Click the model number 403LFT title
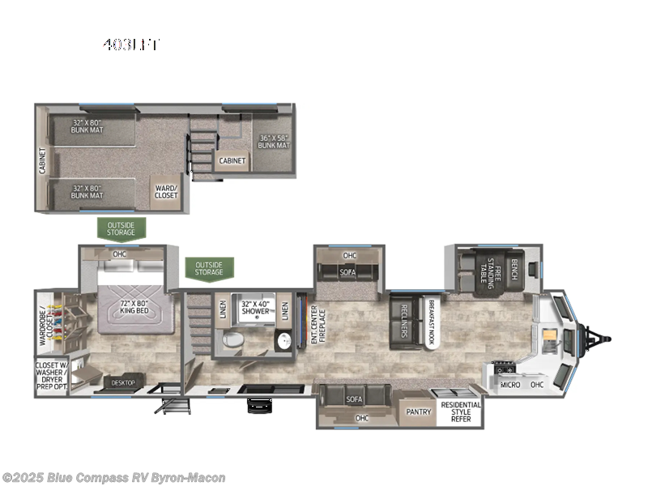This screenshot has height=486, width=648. [130, 45]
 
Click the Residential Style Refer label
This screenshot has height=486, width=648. [460, 411]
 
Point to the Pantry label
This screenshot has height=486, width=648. [419, 411]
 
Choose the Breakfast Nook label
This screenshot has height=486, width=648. [432, 322]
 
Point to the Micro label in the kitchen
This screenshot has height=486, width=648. [509, 384]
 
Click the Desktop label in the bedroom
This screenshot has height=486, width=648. [122, 382]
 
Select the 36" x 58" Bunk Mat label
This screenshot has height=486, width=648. [274, 140]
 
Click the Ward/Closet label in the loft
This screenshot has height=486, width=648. [166, 191]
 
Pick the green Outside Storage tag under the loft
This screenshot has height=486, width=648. [122, 228]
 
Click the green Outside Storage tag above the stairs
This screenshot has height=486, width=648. [209, 267]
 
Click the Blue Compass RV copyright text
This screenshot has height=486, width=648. [113, 478]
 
